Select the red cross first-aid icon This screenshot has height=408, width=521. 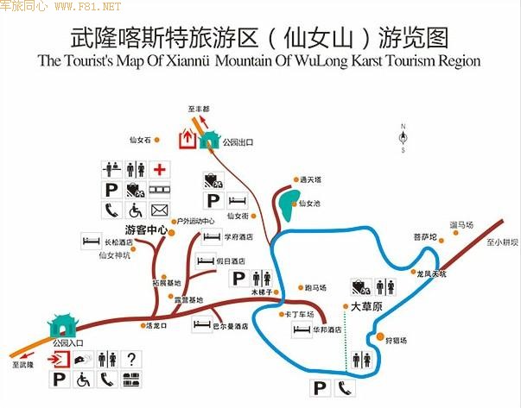(161, 169)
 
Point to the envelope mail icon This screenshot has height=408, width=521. (161, 210)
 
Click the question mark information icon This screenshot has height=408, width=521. (131, 359)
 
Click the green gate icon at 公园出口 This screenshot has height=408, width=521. (208, 140)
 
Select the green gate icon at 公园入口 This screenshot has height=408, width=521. (62, 326)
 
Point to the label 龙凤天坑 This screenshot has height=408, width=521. (431, 274)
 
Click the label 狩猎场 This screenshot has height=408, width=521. (397, 340)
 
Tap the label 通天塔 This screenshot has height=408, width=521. (310, 179)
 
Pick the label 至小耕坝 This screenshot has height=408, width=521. (502, 242)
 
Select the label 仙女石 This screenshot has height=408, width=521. (140, 140)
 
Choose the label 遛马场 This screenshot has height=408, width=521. (461, 225)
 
